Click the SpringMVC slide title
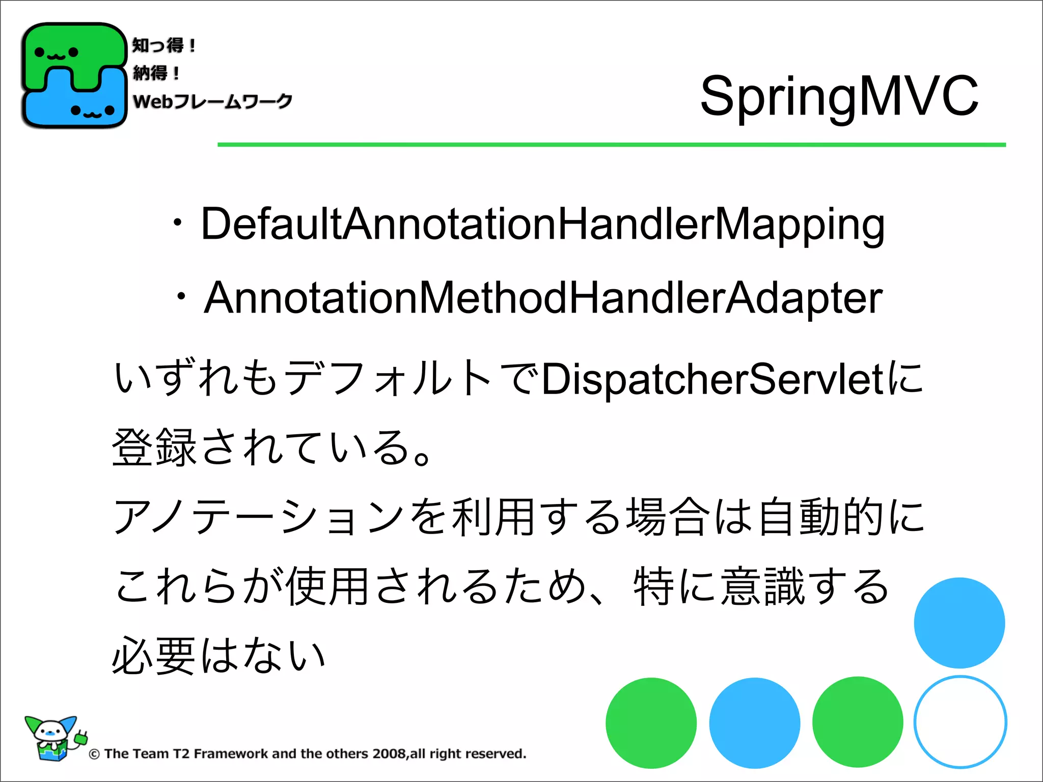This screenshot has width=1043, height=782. pos(839,96)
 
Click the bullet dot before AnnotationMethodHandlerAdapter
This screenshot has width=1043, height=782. pos(181,297)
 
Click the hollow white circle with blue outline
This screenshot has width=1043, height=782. pos(959,722)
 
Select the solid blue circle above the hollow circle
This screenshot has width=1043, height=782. pos(959,623)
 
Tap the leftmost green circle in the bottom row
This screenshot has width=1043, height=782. pos(651,723)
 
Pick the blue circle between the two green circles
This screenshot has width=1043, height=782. pos(754,723)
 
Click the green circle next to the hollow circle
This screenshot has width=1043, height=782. pos(858,722)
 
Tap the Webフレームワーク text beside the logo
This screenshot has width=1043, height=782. pos(212,101)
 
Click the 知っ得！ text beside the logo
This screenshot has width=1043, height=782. pos(163,45)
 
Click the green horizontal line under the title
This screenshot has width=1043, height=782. pos(611,145)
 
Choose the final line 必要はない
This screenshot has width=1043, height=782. pos(219,656)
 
